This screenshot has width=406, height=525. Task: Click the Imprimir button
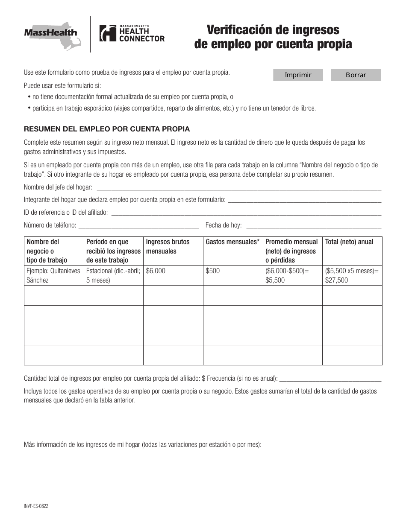[298, 75]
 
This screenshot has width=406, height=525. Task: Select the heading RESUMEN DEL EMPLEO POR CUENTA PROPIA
[107, 129]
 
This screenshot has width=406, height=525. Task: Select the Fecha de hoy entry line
[314, 225]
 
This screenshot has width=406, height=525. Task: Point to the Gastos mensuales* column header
[232, 242]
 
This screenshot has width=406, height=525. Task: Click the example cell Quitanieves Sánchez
[53, 276]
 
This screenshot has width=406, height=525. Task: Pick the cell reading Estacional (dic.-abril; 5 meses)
[113, 276]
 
